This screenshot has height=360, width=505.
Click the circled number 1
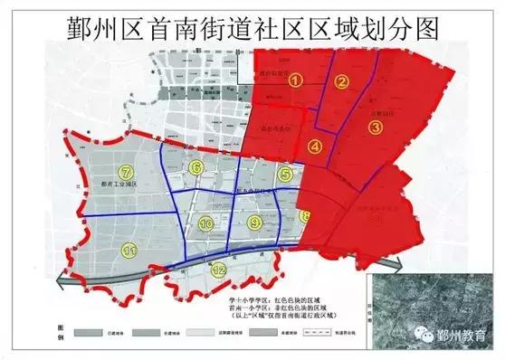(x=294, y=80)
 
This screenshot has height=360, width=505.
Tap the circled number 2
(x=341, y=83)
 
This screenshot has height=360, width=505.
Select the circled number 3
(x=374, y=128)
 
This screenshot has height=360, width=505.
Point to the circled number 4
(x=314, y=146)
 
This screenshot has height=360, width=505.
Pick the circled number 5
(x=284, y=174)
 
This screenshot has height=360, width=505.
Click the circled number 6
(x=196, y=167)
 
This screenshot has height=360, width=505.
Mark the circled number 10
(x=206, y=223)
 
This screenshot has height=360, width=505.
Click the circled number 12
(x=218, y=269)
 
